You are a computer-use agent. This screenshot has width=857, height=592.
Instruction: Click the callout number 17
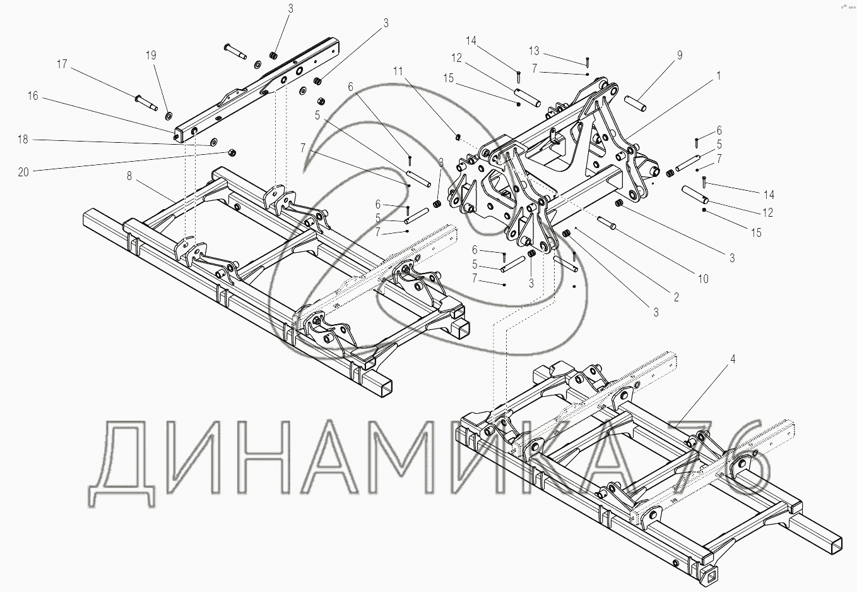pos(61,64)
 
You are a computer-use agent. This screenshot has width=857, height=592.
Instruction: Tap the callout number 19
pos(151,56)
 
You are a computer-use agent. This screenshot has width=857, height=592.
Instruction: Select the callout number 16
pos(33,96)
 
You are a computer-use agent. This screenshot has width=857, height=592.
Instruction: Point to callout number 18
pos(23,140)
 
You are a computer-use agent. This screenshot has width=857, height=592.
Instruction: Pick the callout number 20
pos(23,171)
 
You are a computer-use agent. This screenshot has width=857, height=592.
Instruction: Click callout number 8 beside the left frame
pos(129,176)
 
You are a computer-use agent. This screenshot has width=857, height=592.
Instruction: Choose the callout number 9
pos(679,56)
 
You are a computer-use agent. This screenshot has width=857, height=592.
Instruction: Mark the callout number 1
pos(718,75)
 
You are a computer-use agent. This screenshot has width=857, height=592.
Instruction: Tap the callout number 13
pos(534,51)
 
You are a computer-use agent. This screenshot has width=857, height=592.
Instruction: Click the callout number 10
pos(703,279)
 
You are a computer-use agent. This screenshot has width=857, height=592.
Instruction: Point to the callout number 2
pos(676,297)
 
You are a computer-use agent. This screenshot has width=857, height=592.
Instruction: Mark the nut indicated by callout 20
pos(232,153)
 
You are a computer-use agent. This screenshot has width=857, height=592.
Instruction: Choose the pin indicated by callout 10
pos(606,222)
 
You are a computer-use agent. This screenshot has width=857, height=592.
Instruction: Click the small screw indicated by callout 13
pos(587,62)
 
